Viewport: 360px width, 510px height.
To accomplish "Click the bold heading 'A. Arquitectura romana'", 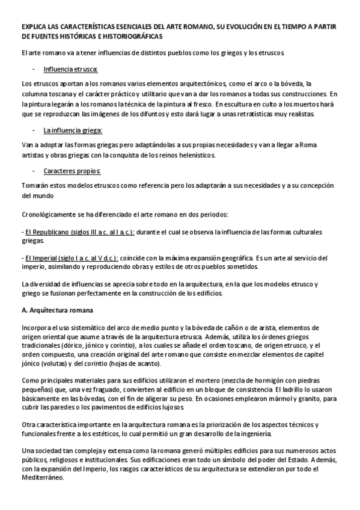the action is pyautogui.click(x=56, y=310).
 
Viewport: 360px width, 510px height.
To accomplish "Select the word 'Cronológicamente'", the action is pyautogui.click(x=47, y=215).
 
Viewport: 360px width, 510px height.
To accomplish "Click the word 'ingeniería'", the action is pyautogui.click(x=258, y=434).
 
